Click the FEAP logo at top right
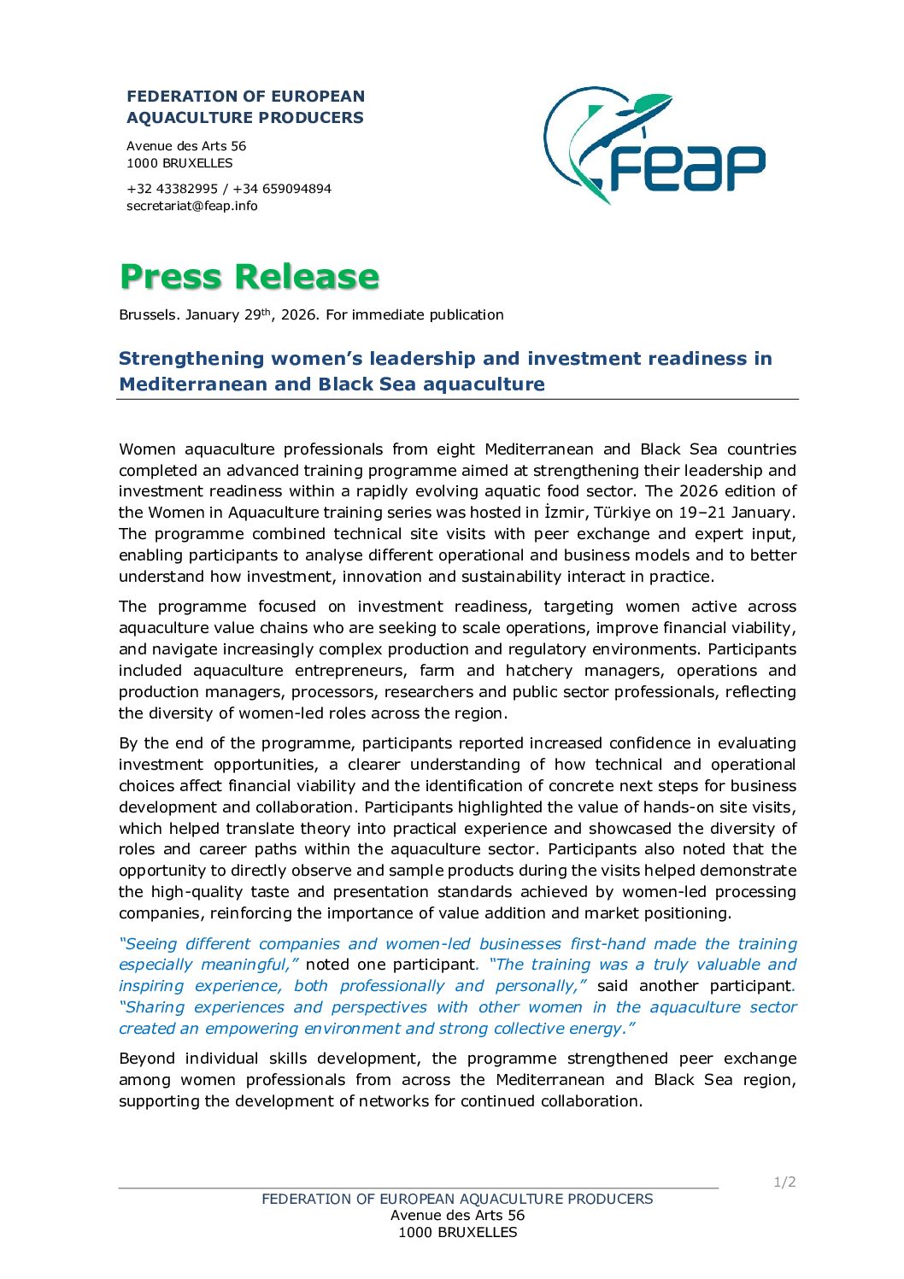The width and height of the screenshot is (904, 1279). tap(654, 145)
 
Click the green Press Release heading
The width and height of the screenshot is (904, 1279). tap(249, 276)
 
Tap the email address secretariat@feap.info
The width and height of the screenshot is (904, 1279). tap(191, 206)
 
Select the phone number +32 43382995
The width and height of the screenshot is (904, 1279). tap(172, 189)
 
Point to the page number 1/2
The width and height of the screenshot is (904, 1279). tap(784, 1182)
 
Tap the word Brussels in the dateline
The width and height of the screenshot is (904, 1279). tap(149, 315)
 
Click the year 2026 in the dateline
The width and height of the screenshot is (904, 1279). tap(299, 315)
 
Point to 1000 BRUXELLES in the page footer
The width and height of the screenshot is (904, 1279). tap(457, 1232)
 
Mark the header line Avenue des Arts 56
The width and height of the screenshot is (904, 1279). tap(186, 146)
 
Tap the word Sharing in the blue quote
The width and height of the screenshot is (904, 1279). tap(152, 1007)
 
